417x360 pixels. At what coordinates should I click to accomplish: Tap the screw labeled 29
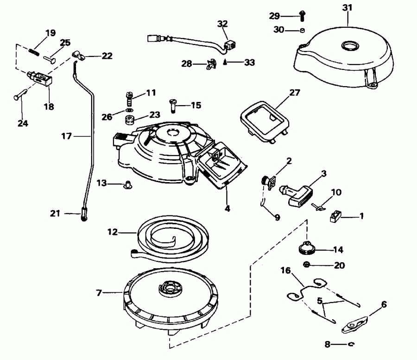(301, 15)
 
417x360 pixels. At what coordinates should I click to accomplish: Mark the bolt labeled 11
(130, 98)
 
